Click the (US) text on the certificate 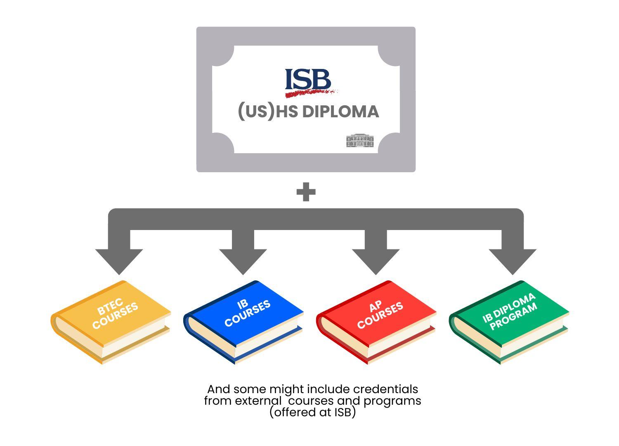256,111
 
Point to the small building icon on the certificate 360,140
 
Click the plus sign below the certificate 306,192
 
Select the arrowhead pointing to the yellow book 119,260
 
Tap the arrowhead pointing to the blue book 243,260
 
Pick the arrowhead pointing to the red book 376,260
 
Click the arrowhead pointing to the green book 513,260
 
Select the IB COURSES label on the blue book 247,312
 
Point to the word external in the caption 259,401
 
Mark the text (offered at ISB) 312,412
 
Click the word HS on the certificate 287,112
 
